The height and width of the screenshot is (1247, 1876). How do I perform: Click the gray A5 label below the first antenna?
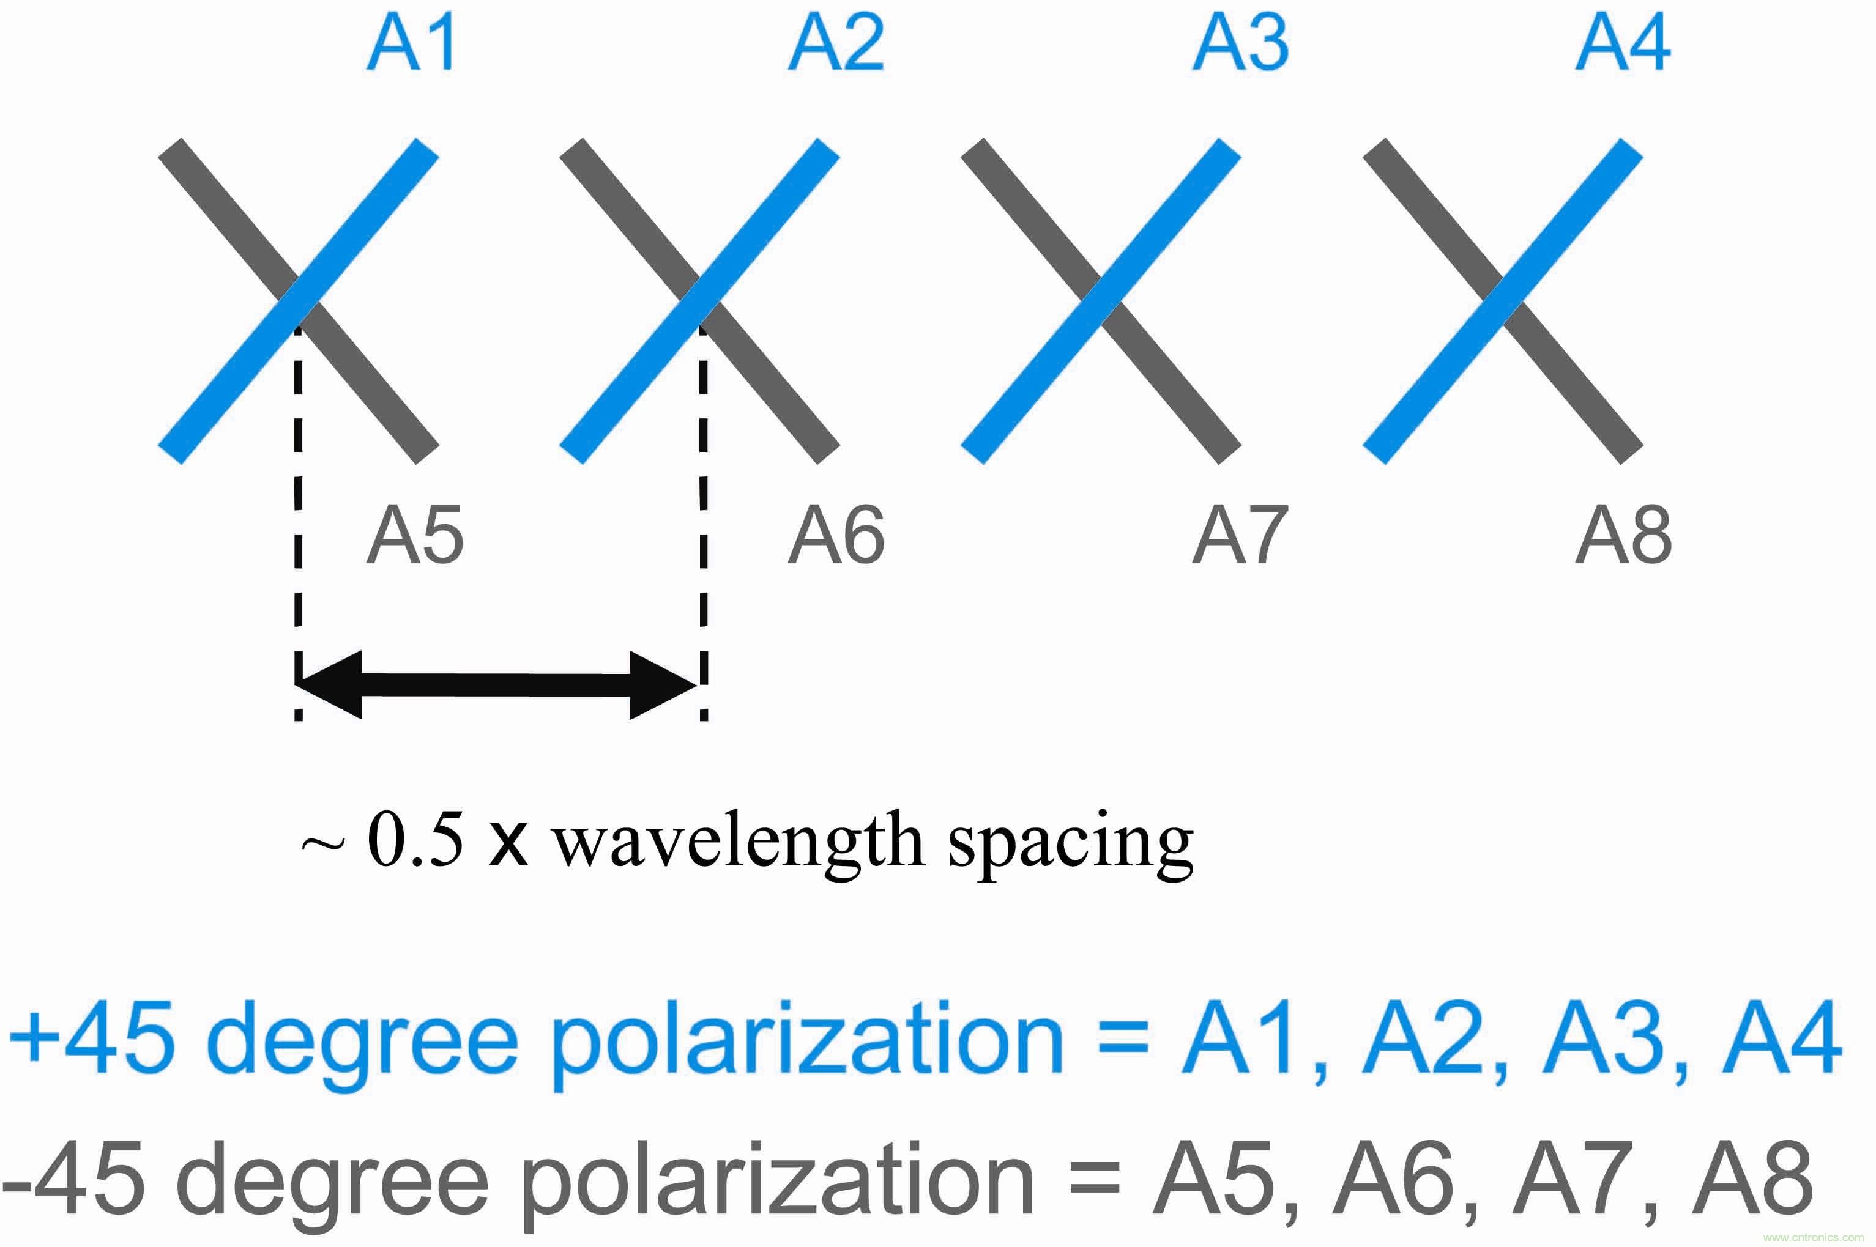[x=414, y=536]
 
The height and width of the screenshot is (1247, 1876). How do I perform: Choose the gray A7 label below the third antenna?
[x=1240, y=536]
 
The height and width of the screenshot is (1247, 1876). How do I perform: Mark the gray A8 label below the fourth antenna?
[x=1623, y=536]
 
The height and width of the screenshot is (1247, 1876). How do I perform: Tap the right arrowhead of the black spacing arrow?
[x=662, y=685]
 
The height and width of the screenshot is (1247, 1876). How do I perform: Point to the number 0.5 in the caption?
[x=414, y=841]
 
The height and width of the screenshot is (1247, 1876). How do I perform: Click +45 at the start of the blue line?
[x=92, y=1037]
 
